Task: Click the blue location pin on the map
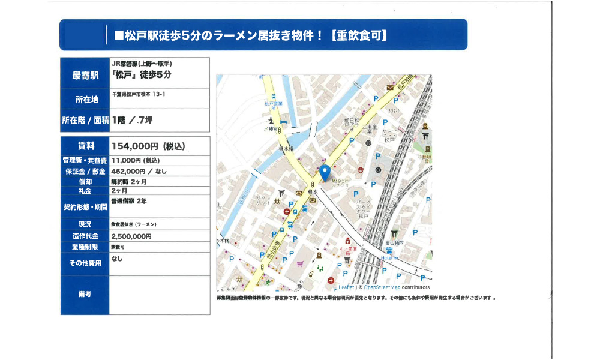click(325, 173)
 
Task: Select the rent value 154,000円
click(143, 146)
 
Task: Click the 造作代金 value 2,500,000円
click(131, 236)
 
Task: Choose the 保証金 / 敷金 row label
click(85, 171)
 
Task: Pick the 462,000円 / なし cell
click(139, 171)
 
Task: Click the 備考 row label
click(85, 294)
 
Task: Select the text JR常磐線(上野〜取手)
click(142, 63)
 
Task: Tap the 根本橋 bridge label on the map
click(286, 148)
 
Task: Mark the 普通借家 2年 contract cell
click(128, 201)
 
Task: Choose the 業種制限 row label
click(85, 247)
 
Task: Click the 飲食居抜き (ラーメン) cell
click(133, 224)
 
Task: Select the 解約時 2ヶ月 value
click(129, 181)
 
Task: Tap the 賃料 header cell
click(85, 146)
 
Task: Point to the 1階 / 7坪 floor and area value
click(133, 120)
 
